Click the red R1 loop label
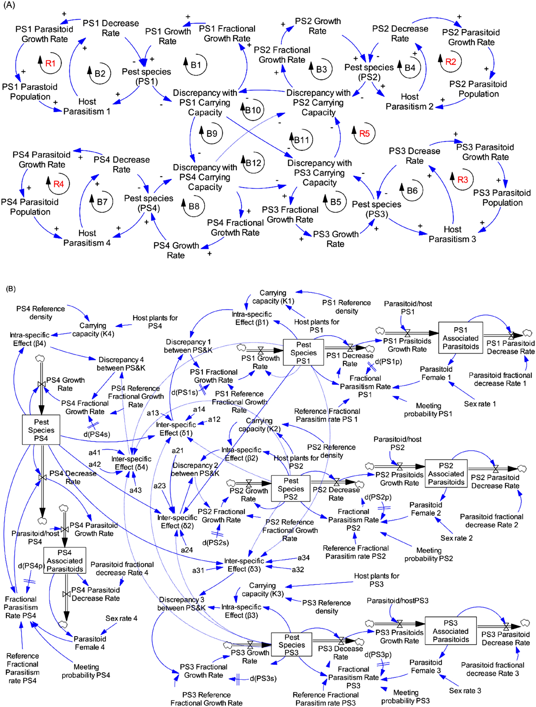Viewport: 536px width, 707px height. pyautogui.click(x=50, y=63)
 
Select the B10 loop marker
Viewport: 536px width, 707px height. pyautogui.click(x=253, y=110)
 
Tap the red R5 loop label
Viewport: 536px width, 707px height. pyautogui.click(x=364, y=134)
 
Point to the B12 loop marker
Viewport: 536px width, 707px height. pyautogui.click(x=253, y=163)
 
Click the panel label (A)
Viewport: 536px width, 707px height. pyautogui.click(x=9, y=5)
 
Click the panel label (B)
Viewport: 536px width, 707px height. pyautogui.click(x=11, y=289)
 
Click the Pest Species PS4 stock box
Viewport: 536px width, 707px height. pyautogui.click(x=41, y=430)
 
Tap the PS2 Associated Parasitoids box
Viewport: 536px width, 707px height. pyautogui.click(x=446, y=474)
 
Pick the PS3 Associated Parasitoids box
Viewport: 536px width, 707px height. pyautogui.click(x=450, y=631)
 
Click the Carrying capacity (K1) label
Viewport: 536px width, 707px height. pyautogui.click(x=273, y=297)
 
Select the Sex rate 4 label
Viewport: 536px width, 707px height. pyautogui.click(x=121, y=618)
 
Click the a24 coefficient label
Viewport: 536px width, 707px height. pyautogui.click(x=187, y=550)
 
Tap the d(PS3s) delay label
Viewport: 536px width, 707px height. pyautogui.click(x=263, y=678)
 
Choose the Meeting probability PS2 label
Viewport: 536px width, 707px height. pyautogui.click(x=428, y=554)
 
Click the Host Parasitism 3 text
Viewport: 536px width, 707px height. pyautogui.click(x=452, y=234)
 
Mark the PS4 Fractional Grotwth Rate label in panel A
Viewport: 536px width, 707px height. pyautogui.click(x=235, y=228)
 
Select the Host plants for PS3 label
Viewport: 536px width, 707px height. pyautogui.click(x=376, y=580)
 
